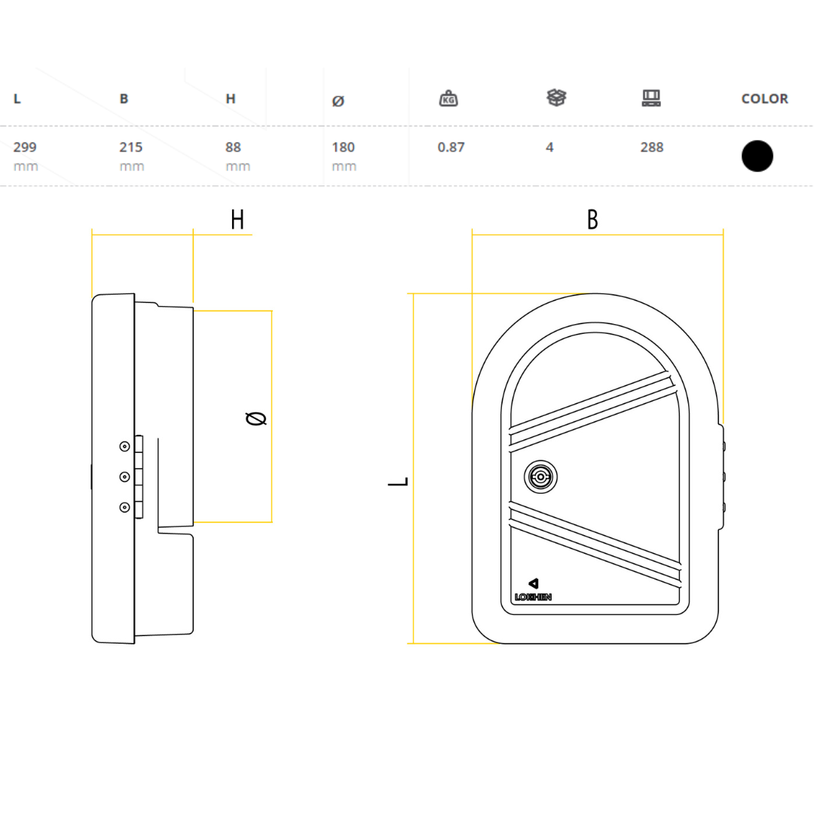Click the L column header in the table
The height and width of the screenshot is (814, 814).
pyautogui.click(x=17, y=99)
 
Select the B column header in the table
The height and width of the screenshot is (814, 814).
pyautogui.click(x=124, y=99)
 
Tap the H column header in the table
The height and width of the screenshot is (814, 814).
pyautogui.click(x=231, y=99)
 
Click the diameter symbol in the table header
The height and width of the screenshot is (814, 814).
pyautogui.click(x=338, y=101)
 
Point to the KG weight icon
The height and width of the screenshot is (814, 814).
pyautogui.click(x=448, y=98)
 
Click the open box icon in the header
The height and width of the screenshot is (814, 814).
pyautogui.click(x=556, y=97)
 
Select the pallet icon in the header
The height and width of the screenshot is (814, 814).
pyautogui.click(x=651, y=97)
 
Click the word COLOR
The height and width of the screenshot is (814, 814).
pyautogui.click(x=765, y=99)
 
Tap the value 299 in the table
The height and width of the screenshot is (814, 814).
pyautogui.click(x=25, y=147)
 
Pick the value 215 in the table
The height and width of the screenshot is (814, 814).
pyautogui.click(x=131, y=147)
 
